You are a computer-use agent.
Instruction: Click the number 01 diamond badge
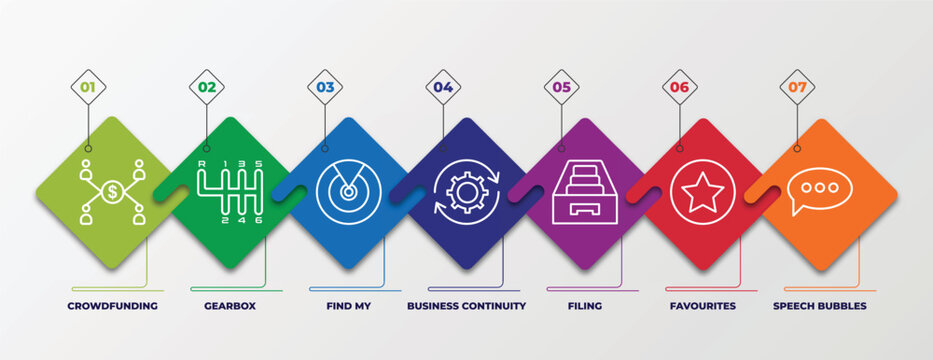88,87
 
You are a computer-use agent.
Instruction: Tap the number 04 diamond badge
443,87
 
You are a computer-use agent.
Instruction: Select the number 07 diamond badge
797,87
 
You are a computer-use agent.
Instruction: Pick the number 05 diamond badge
561,87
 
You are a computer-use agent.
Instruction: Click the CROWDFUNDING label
112,305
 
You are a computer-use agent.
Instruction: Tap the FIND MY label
348,305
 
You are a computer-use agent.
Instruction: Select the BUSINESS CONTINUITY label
466,305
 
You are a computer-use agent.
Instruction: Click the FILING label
584,305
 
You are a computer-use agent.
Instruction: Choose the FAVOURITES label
702,305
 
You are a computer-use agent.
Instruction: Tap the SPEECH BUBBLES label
820,305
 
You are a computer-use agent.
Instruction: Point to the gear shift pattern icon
230,191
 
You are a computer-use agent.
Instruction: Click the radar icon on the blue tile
349,191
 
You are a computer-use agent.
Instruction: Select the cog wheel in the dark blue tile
466,191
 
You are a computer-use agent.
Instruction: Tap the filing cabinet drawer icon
584,192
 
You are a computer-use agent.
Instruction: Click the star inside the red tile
702,191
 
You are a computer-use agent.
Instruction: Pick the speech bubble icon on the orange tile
820,190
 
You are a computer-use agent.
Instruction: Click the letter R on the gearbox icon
203,163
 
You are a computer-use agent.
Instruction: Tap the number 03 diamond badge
325,87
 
